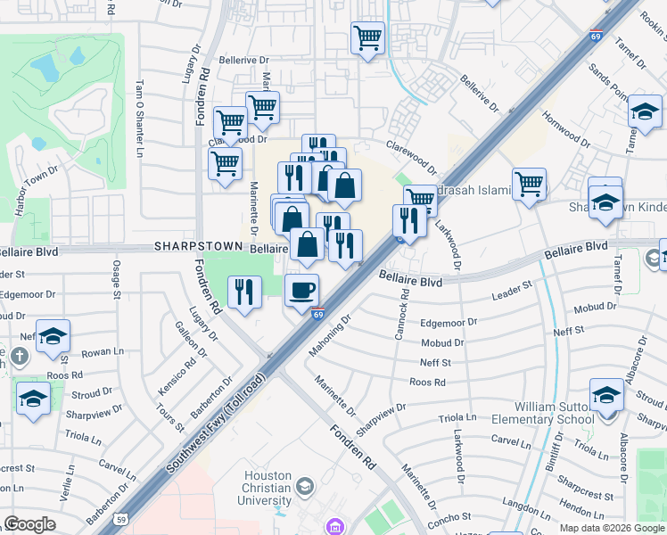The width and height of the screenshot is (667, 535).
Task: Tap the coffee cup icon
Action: click(302, 290)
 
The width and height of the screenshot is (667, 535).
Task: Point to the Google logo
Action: click(29, 524)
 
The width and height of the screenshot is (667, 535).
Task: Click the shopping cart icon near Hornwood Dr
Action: click(529, 185)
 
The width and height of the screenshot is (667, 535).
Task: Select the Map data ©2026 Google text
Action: click(611, 528)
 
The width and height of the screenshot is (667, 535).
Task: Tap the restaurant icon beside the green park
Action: click(243, 292)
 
